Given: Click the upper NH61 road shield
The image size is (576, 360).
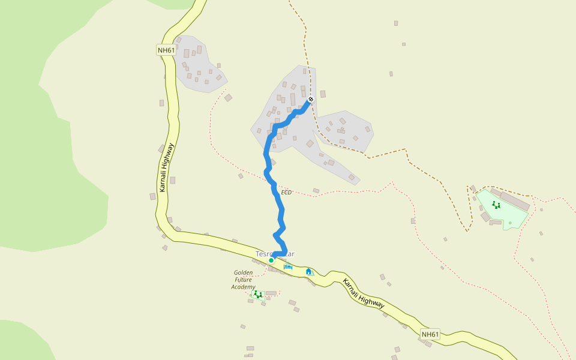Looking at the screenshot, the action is pos(166,50).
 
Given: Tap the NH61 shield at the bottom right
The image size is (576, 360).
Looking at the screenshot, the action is pos(430,334).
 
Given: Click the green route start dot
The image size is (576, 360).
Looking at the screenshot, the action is pos(271,260).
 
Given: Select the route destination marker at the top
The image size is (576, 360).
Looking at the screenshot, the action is pos(311,99).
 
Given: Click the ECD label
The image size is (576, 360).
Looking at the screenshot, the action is pos(286,193).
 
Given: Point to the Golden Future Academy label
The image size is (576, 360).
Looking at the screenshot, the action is pos(244,280).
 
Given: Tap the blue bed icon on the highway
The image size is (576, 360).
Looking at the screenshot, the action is pos(288,266).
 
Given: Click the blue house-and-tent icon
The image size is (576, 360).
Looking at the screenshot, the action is pos(308,272).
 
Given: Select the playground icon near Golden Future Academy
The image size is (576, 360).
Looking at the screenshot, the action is pos(258,295).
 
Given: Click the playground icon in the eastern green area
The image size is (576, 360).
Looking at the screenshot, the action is pos(496,205).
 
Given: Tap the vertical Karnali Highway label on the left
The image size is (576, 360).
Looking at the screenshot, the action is pos(166,167).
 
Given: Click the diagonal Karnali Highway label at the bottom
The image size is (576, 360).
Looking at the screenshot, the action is pos(364,294).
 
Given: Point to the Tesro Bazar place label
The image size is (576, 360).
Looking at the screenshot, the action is pos(275,254).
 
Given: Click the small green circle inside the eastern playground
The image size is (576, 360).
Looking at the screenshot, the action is pos(510,223).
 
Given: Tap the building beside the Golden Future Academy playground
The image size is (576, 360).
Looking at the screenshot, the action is pos(271,293).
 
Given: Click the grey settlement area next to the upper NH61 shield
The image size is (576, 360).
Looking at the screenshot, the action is pos(198,66).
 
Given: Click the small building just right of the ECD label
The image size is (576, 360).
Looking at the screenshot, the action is pos(316,191).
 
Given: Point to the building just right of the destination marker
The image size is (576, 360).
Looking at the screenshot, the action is pos(323,94).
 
